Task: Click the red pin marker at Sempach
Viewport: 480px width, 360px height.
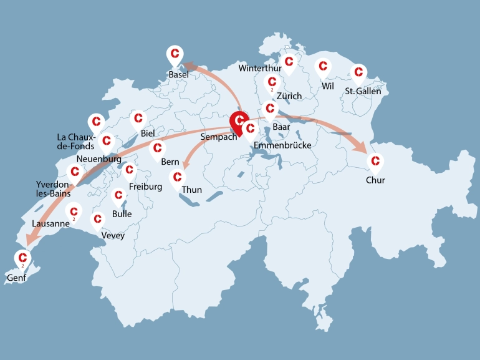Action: coord(239,120)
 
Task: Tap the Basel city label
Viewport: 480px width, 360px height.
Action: coord(178,75)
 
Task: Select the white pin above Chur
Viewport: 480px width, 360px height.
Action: coord(375,162)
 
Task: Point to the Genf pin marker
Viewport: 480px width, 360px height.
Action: coord(23,257)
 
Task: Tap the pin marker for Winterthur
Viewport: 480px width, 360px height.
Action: coord(288,62)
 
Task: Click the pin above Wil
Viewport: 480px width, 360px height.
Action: coord(323,66)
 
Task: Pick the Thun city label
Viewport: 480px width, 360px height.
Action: coord(192,190)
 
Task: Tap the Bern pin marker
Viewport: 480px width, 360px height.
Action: coord(157,148)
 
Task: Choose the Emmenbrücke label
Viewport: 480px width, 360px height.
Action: coord(282,145)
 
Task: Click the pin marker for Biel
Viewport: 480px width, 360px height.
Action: coord(138,118)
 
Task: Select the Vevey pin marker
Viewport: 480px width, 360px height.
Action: coord(97,220)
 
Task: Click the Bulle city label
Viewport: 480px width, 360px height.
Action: coord(122,214)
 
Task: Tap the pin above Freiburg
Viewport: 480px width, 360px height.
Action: coord(130,170)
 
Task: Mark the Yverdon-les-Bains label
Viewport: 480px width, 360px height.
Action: coord(53,189)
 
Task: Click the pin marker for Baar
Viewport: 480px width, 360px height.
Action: coord(270,109)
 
